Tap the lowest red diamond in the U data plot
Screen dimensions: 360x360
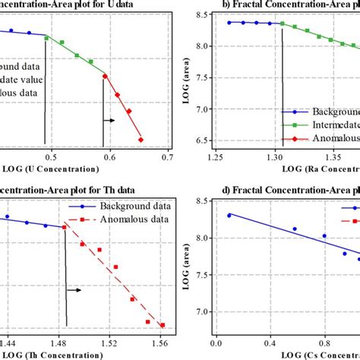pyautogui.click(x=141, y=139)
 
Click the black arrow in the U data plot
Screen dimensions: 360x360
pyautogui.click(x=109, y=120)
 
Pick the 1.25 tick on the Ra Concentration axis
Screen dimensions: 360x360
pyautogui.click(x=215, y=156)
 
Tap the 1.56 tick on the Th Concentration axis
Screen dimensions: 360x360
pyautogui.click(x=161, y=340)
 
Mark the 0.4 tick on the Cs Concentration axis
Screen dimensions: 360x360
pyautogui.click(x=270, y=340)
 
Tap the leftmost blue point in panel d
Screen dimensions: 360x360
pyautogui.click(x=229, y=216)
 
